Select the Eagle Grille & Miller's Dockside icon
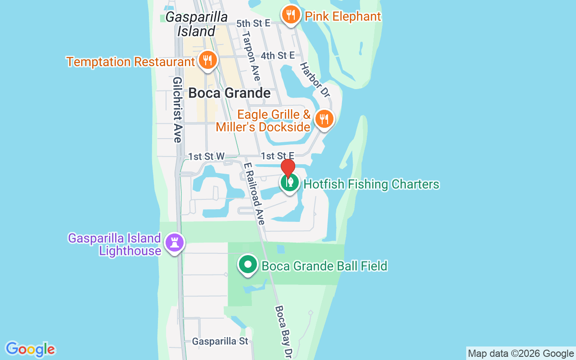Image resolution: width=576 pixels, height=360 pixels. pos(324,119)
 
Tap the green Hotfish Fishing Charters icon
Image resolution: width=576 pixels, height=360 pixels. pos(290,183)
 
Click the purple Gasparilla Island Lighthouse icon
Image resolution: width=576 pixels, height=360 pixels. pos(175,243)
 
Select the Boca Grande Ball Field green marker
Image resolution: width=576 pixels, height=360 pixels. pos(247,265)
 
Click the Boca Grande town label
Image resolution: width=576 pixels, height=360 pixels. pos(229,93)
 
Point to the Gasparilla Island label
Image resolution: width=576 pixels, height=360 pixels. pos(196,24)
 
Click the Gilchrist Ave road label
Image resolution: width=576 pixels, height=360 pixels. pos(177,109)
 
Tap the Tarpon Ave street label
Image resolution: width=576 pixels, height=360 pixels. pos(251,56)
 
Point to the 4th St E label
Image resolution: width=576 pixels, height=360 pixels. pos(278,55)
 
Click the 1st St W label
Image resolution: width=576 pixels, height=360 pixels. pos(206,156)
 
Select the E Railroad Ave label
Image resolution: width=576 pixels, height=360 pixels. pos(254,193)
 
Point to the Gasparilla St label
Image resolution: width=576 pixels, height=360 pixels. pos(220,341)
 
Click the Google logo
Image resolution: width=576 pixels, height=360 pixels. pos(31,349)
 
